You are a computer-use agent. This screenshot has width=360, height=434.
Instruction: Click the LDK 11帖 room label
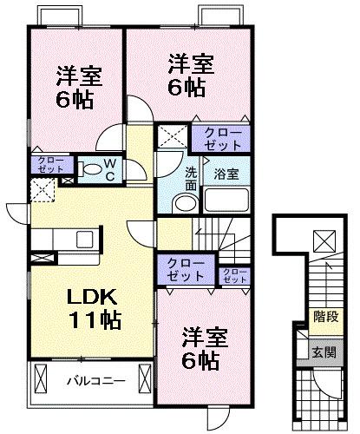tap(94, 306)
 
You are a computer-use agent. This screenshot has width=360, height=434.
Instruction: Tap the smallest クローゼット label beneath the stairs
tap(233, 275)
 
